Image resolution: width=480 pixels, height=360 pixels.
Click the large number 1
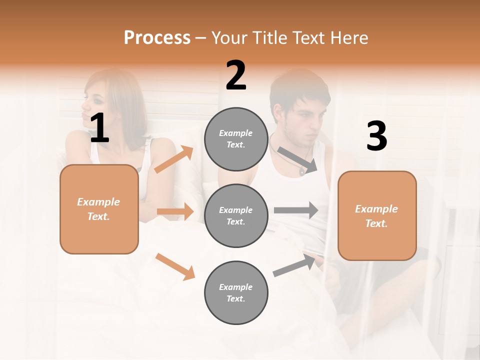[x=99, y=128]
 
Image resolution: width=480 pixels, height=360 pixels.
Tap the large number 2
[x=236, y=75]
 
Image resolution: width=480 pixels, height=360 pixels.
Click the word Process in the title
[x=157, y=37]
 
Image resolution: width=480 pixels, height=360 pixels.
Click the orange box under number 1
[x=99, y=209]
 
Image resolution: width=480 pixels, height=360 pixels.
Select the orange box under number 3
[x=377, y=215]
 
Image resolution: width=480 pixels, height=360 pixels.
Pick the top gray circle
[x=236, y=139]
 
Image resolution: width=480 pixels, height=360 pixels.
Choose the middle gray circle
[x=236, y=215]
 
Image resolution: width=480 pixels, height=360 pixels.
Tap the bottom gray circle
[x=236, y=292]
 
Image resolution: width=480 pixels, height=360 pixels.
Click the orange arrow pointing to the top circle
[x=173, y=159]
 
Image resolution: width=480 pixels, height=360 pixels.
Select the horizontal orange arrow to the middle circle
[x=175, y=211]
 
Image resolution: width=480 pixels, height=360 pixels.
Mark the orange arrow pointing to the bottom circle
[x=175, y=266]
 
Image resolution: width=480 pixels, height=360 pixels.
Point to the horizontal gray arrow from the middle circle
[x=295, y=210]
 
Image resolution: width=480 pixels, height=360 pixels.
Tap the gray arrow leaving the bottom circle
[x=295, y=265]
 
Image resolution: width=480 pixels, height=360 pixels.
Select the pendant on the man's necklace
[x=302, y=171]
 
